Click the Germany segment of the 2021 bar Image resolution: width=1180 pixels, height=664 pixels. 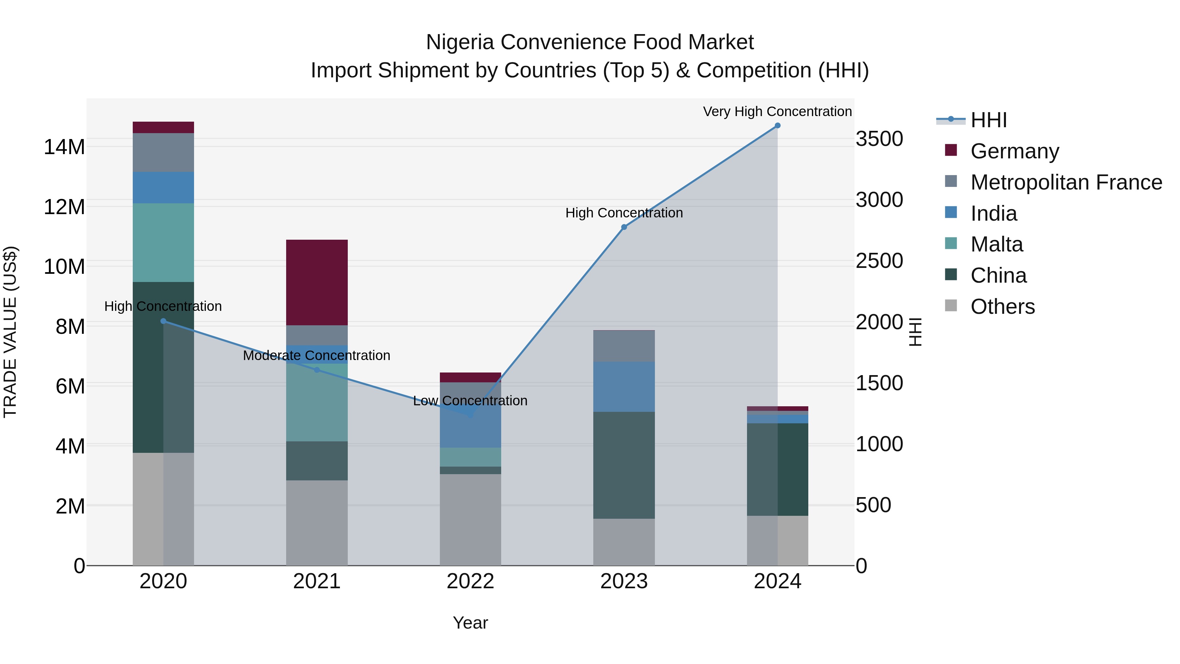tap(317, 282)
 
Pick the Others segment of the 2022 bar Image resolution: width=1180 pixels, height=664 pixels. tap(470, 520)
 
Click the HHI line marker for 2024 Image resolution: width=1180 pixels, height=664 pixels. tap(777, 126)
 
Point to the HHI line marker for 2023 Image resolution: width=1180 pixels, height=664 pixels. tap(623, 227)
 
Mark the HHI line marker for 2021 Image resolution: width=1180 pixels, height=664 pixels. tap(317, 370)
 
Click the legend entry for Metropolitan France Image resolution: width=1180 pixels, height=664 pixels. tap(1066, 182)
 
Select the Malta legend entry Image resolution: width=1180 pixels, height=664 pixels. tap(996, 244)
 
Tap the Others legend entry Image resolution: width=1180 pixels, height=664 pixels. tap(1002, 307)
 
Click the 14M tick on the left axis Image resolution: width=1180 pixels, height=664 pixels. tap(64, 147)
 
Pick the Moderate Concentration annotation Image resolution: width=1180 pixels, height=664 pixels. tap(317, 355)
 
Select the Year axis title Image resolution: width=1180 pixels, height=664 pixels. tap(470, 623)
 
